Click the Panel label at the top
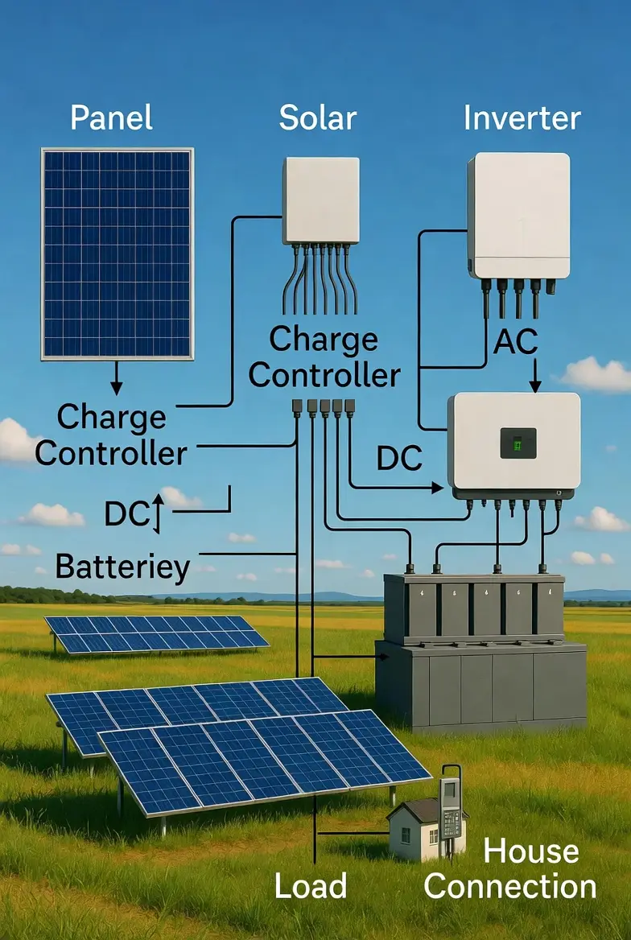(111, 118)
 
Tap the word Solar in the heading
(318, 118)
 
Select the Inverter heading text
(522, 118)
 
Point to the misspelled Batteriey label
(122, 567)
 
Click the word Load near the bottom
(310, 886)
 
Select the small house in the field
(415, 829)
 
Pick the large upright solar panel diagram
(118, 253)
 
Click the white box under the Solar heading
(320, 200)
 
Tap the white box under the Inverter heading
(518, 216)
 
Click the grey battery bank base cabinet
(480, 683)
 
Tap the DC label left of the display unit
(399, 458)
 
